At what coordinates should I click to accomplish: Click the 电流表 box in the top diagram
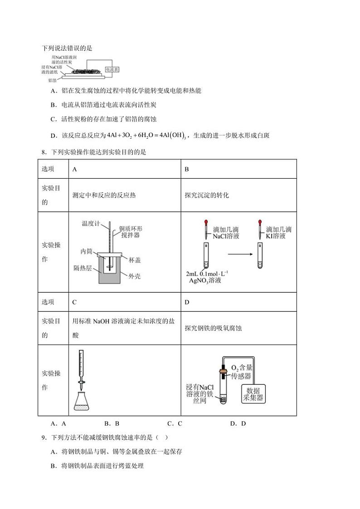pyautogui.click(x=112, y=69)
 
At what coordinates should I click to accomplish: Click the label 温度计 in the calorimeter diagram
pyautogui.click(x=90, y=223)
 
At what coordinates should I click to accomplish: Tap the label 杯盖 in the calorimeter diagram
pyautogui.click(x=134, y=260)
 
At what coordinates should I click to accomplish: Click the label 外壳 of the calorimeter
pyautogui.click(x=134, y=276)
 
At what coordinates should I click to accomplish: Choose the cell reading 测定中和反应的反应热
pyautogui.click(x=104, y=195)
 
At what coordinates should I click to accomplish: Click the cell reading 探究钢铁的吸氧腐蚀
pyautogui.click(x=213, y=328)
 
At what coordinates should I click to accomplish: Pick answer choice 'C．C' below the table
pyautogui.click(x=174, y=424)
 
